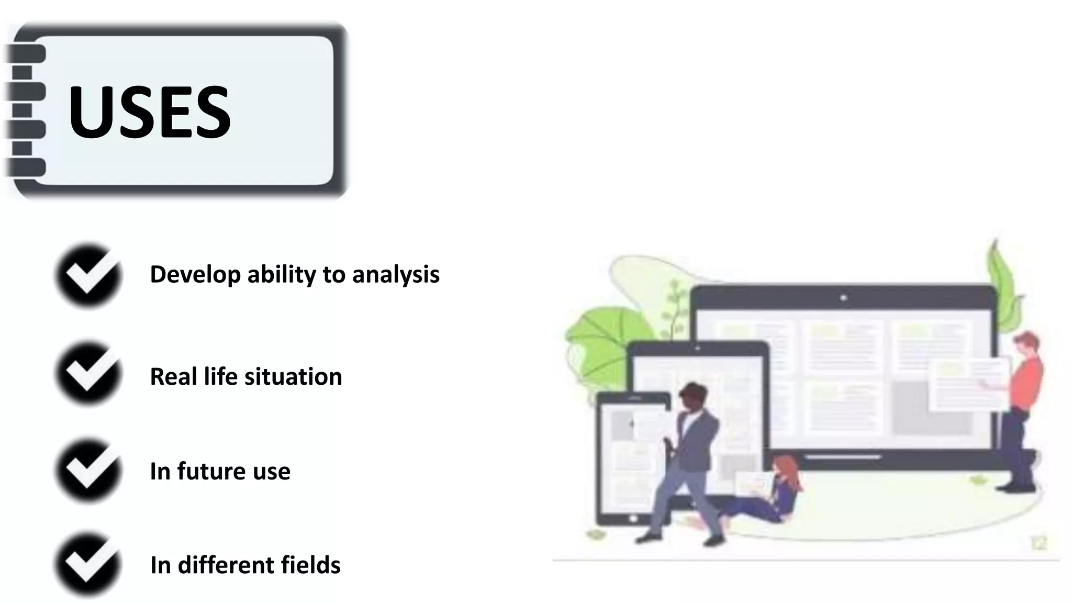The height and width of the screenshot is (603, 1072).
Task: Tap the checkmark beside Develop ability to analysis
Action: [x=88, y=275]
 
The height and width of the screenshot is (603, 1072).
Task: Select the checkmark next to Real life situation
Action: [x=88, y=374]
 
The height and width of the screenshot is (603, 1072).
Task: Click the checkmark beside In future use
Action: [x=88, y=470]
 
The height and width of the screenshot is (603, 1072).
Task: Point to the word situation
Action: [x=293, y=377]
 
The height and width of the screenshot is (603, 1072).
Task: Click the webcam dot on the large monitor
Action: [x=843, y=298]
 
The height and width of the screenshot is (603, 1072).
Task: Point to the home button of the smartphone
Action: [x=633, y=519]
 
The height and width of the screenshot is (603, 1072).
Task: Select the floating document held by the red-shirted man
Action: [x=968, y=385]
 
